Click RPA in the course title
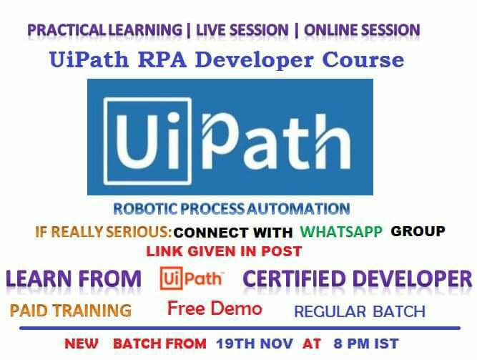(162, 59)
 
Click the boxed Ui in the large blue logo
(148, 141)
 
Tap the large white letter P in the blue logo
(221, 142)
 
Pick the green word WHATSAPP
(341, 231)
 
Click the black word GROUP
(418, 231)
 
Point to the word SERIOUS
(139, 232)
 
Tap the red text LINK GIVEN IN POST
(224, 251)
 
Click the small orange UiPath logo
(192, 278)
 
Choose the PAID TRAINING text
(71, 311)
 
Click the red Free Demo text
(215, 308)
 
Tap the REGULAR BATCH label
(360, 311)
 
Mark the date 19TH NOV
(255, 344)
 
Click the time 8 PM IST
(366, 344)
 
